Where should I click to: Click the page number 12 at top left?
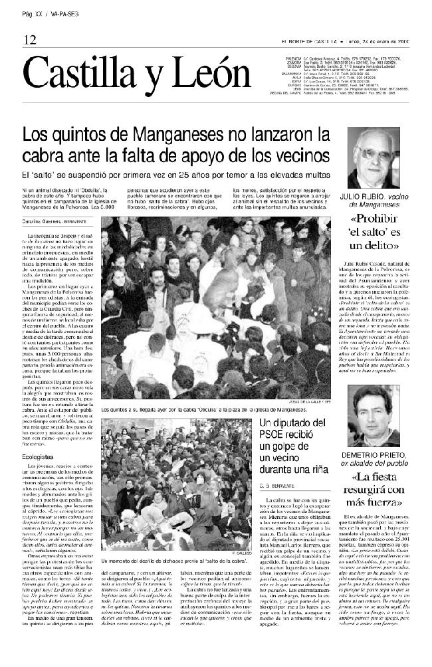point(29,40)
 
